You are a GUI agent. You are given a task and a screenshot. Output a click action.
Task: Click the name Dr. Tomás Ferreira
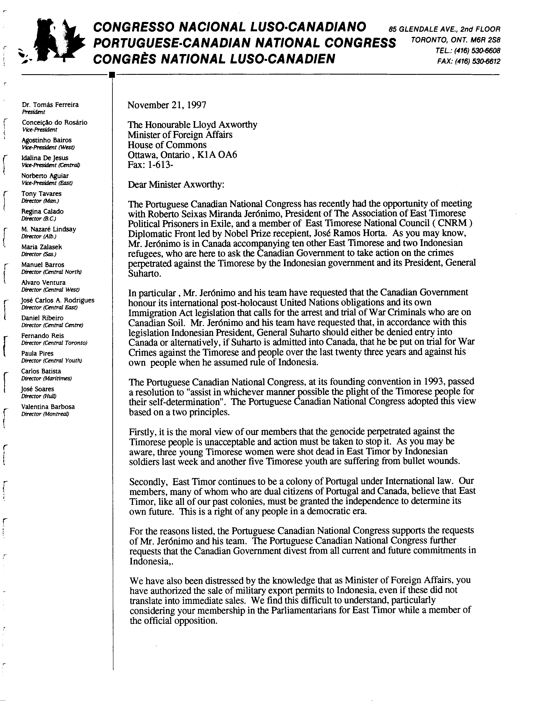50,105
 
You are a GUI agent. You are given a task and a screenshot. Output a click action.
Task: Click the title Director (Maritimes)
46,378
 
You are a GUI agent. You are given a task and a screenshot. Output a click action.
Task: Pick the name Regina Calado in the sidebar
42,211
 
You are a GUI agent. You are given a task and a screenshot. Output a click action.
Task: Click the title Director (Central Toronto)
54,343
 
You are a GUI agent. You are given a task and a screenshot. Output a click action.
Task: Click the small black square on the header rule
111,75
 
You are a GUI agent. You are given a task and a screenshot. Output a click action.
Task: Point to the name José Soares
37,389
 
